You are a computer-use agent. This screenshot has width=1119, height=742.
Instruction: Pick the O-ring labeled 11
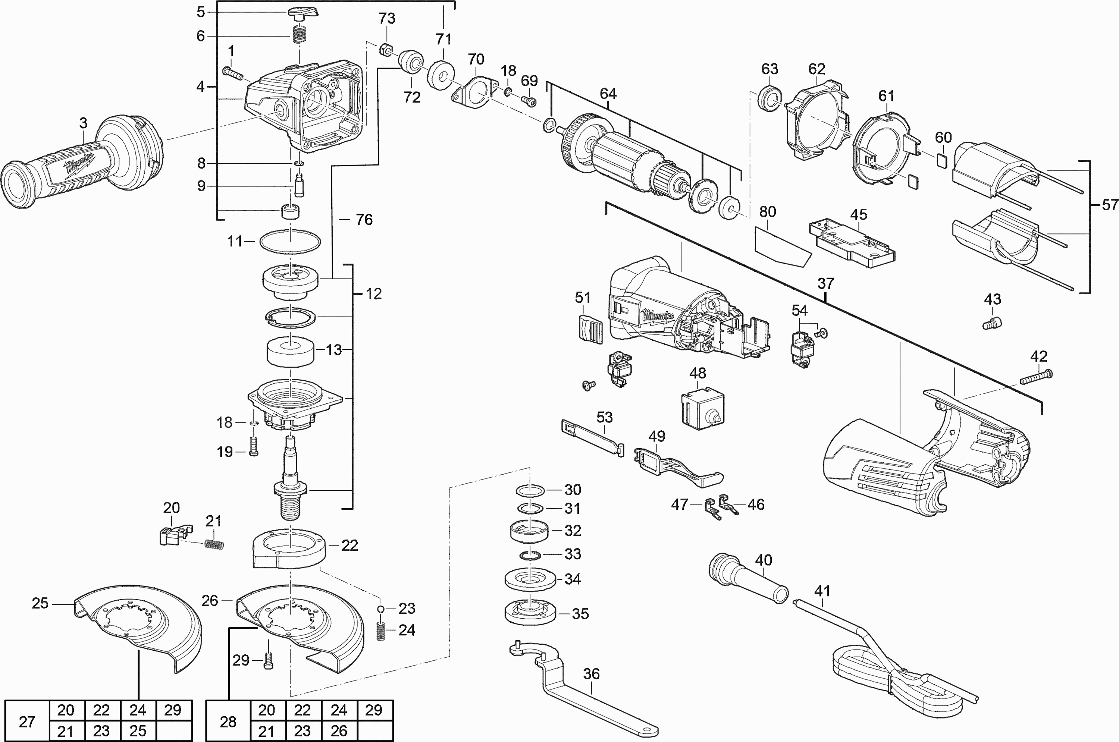coord(289,242)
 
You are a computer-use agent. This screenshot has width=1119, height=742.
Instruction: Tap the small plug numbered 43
coord(992,324)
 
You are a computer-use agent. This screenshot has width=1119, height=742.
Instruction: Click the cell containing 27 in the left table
coord(27,721)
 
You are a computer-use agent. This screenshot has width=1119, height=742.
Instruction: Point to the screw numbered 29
coord(269,659)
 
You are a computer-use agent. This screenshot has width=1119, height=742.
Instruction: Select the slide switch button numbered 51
coord(590,327)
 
